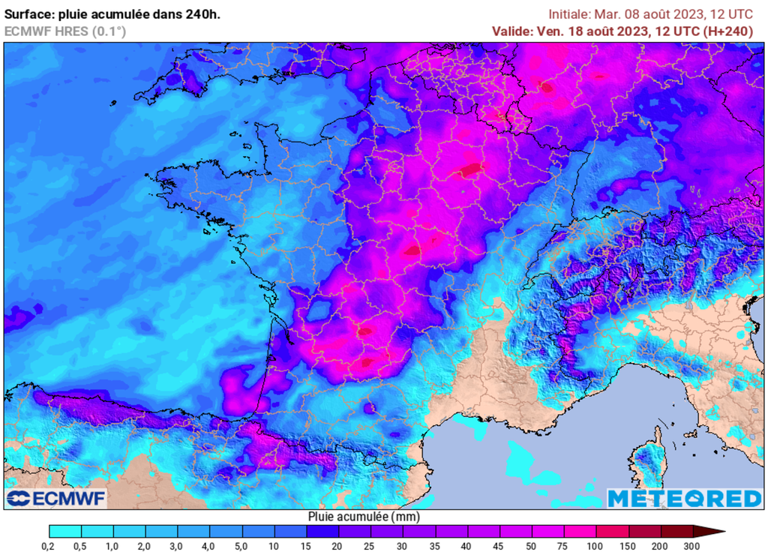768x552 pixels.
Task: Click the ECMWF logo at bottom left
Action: pos(57,498)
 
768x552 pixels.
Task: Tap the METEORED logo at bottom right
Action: pos(684,498)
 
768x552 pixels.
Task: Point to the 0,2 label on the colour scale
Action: pos(49,544)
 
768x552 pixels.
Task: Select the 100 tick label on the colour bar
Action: pos(595,544)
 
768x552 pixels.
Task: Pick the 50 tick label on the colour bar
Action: pos(531,544)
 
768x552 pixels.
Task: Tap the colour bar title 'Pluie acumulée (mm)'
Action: pos(364,517)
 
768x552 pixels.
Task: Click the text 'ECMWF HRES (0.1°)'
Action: pos(65,31)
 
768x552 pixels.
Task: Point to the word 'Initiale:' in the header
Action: pos(569,13)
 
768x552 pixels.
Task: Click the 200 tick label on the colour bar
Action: pos(660,544)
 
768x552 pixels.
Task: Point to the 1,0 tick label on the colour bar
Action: pos(113,544)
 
